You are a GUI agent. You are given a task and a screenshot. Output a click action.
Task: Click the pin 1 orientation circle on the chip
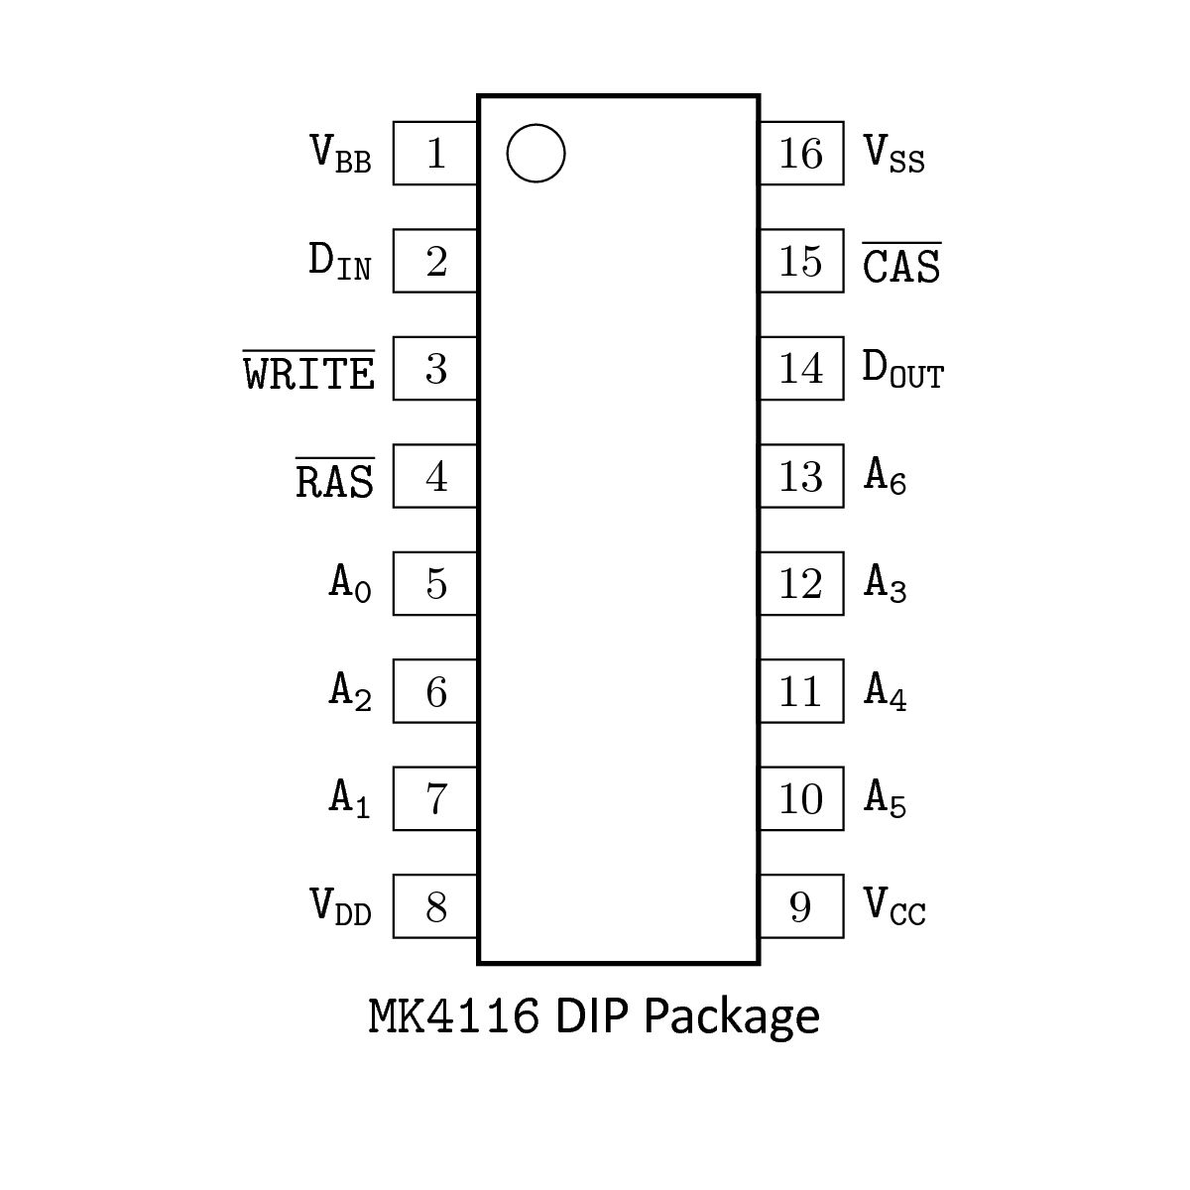click(x=535, y=154)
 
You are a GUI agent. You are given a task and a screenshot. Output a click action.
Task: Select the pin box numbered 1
click(x=435, y=154)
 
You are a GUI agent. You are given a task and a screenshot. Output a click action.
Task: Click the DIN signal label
click(x=340, y=262)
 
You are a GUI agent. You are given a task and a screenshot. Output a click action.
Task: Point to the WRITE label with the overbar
click(x=309, y=372)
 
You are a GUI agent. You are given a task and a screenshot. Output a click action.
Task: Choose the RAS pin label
click(x=335, y=480)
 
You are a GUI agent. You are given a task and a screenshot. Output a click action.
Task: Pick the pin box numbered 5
click(x=435, y=584)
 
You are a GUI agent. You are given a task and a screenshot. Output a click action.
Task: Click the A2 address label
click(x=350, y=691)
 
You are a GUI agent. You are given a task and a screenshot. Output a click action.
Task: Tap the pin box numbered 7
click(x=435, y=798)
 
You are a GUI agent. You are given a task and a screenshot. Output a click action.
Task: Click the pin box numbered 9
click(x=801, y=906)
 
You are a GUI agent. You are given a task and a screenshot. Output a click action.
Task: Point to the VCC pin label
click(x=894, y=906)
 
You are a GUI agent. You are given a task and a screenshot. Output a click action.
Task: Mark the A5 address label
click(x=886, y=798)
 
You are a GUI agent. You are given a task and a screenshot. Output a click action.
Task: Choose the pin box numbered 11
click(x=801, y=691)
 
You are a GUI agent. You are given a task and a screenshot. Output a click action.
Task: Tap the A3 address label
click(x=886, y=584)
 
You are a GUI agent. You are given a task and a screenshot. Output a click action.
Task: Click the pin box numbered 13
click(x=801, y=477)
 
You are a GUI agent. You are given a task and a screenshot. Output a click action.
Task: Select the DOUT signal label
click(x=902, y=370)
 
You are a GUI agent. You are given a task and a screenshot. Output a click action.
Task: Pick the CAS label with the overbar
click(x=901, y=264)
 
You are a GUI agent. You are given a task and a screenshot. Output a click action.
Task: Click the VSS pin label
click(x=894, y=154)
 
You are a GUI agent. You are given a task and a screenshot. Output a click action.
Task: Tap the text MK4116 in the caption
click(x=454, y=1016)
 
